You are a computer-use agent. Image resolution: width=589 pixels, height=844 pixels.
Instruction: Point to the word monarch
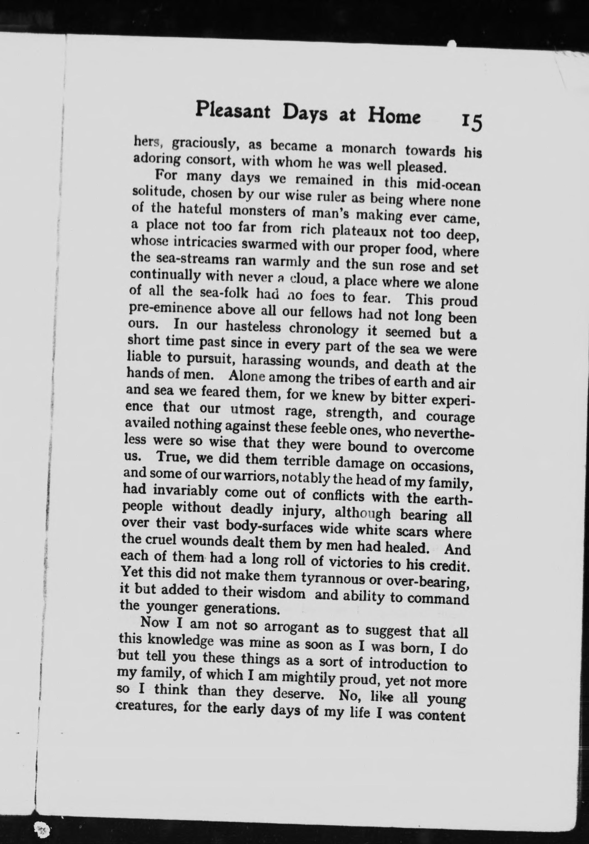tap(368, 149)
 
